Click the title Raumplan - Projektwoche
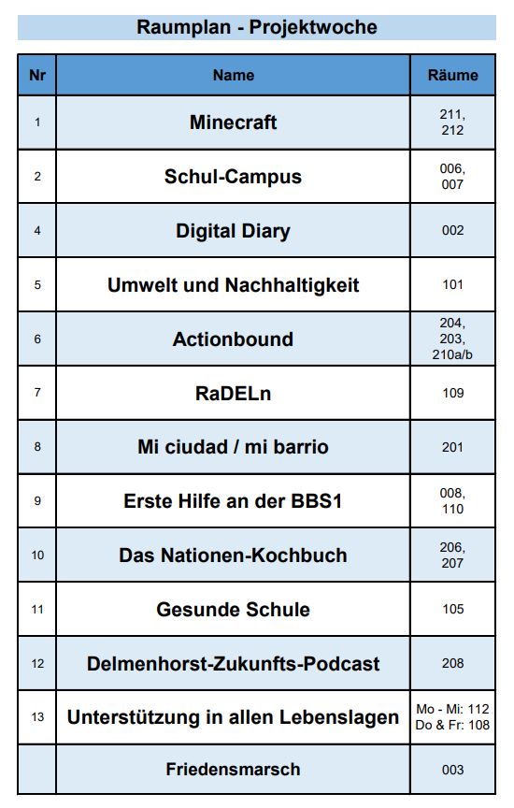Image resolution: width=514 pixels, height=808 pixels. (256, 27)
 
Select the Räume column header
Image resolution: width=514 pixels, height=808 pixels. (452, 75)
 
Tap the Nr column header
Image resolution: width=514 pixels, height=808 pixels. (37, 75)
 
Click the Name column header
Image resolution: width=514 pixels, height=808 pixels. (234, 75)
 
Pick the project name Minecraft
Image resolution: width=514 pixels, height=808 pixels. (234, 123)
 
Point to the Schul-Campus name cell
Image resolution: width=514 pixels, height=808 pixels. (234, 176)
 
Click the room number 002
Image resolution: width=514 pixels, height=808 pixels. (452, 230)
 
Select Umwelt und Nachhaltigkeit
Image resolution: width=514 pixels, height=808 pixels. (234, 285)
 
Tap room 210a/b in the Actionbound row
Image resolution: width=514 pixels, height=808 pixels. (452, 354)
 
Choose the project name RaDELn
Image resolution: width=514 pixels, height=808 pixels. (234, 394)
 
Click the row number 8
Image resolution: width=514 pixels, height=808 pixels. (37, 447)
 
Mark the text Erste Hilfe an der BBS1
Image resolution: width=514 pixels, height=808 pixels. (234, 501)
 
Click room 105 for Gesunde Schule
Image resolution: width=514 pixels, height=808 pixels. (452, 609)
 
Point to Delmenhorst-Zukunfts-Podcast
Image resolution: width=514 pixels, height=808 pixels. (234, 664)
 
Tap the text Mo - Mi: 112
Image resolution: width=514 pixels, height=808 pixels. (452, 709)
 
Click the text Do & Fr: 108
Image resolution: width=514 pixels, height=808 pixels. (452, 725)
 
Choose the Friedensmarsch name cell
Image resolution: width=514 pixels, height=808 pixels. (234, 770)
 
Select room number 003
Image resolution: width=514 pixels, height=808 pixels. (452, 770)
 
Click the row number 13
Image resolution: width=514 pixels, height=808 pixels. (37, 716)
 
